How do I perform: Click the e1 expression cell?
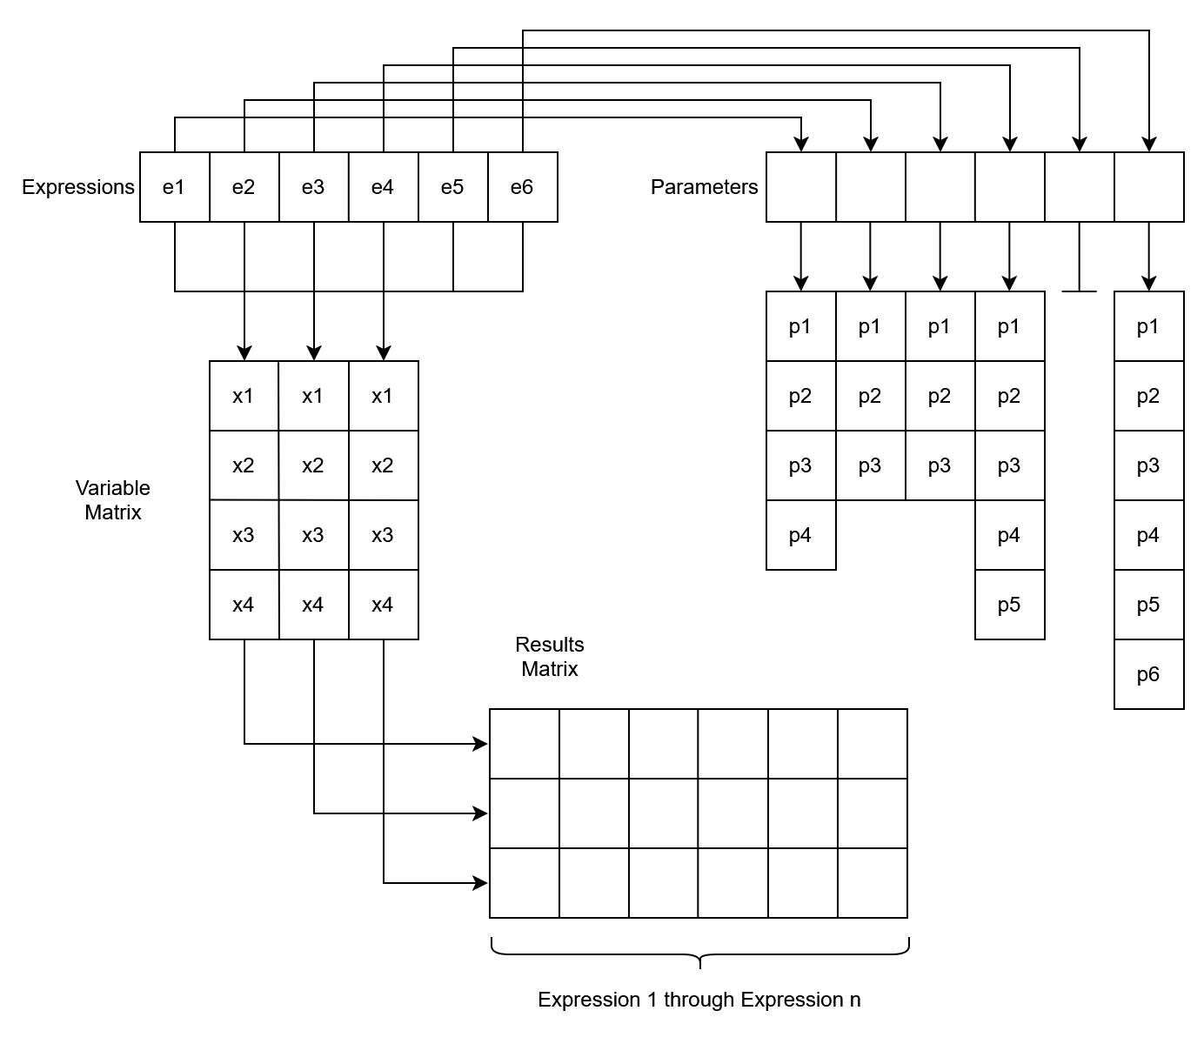point(175,187)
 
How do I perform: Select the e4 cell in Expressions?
point(383,187)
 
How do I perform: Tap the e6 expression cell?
point(522,187)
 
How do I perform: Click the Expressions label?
point(78,187)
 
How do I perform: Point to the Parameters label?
point(704,187)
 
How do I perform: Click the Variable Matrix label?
point(113,500)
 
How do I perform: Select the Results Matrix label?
point(550,657)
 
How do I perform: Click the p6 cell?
point(1148,674)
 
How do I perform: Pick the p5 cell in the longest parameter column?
point(1148,605)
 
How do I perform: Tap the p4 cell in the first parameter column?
point(800,535)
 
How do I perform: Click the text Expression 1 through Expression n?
point(699,1000)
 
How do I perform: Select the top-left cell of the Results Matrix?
point(525,744)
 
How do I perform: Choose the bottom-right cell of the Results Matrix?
point(873,883)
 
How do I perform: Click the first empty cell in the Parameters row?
point(801,187)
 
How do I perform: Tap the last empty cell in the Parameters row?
point(1149,187)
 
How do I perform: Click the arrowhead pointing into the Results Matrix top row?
point(480,744)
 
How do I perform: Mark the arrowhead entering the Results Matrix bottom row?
point(480,883)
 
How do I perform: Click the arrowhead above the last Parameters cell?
point(1149,144)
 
